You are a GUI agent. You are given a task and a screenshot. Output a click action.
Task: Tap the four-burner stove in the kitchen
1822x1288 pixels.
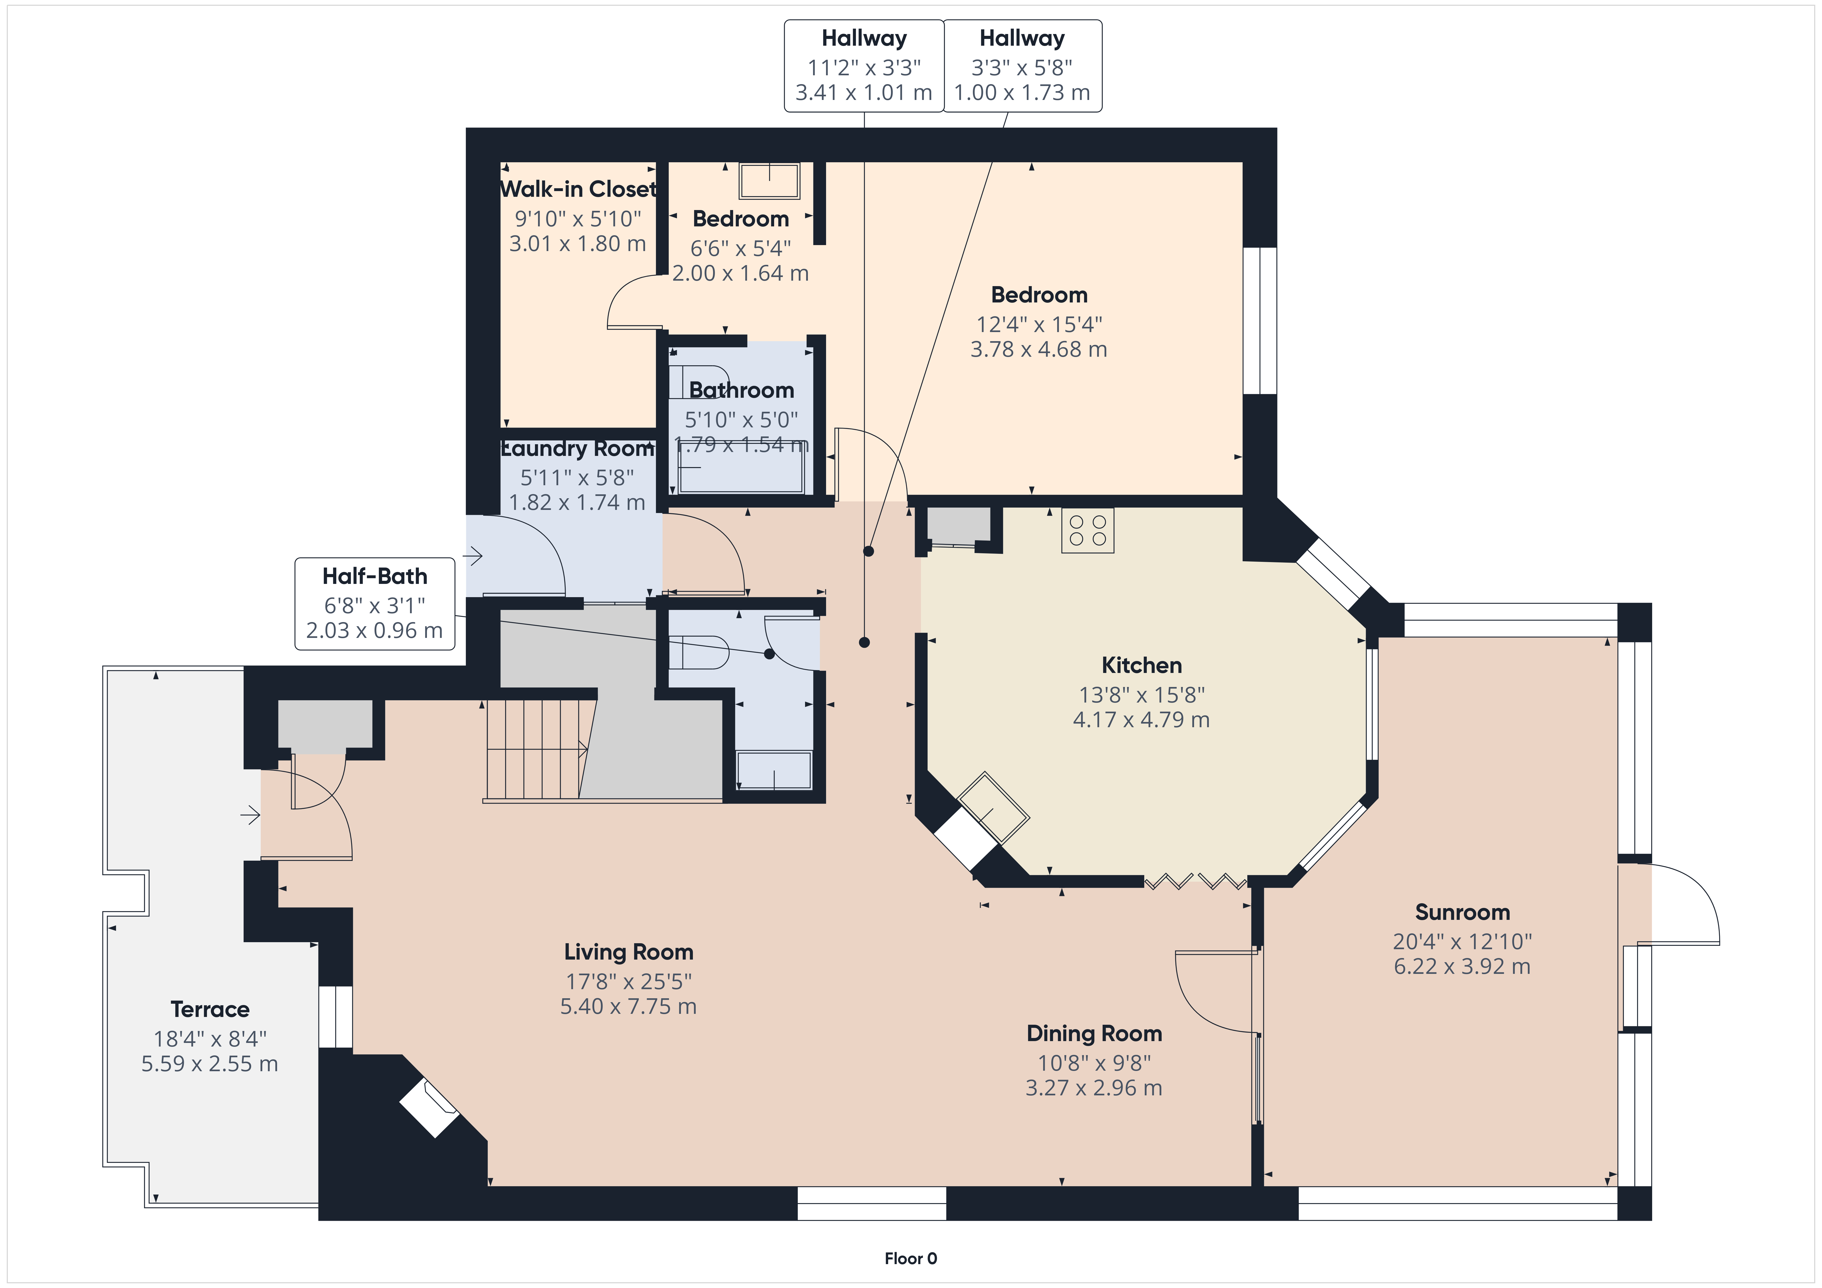click(1088, 530)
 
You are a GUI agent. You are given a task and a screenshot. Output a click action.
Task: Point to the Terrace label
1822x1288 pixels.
click(210, 1009)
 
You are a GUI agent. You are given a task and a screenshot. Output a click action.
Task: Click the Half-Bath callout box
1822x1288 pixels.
click(374, 604)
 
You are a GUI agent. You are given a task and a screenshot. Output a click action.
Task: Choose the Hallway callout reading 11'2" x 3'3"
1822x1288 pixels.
click(864, 66)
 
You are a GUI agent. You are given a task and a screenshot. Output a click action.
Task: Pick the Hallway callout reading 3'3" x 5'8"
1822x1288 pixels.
click(1022, 66)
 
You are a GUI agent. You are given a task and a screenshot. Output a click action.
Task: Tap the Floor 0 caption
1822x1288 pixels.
click(911, 1259)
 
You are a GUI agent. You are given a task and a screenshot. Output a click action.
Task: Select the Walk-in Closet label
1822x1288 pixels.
click(579, 189)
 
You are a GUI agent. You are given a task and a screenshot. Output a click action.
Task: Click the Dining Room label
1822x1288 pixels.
click(1094, 1033)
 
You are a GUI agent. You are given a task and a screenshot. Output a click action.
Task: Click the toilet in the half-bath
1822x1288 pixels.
click(698, 652)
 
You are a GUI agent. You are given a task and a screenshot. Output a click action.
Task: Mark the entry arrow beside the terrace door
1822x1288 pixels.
click(251, 815)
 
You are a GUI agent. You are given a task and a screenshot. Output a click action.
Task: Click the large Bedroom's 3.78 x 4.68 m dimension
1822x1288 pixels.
click(1039, 349)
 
